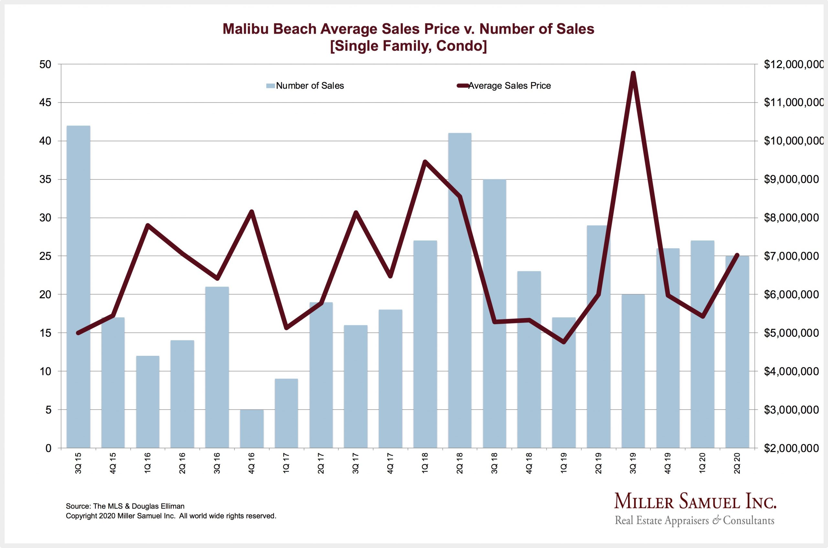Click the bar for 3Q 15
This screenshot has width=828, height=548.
click(x=78, y=287)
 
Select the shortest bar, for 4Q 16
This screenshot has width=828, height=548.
click(x=252, y=429)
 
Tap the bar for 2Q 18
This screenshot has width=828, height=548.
click(x=459, y=290)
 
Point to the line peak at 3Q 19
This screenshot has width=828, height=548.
click(x=633, y=73)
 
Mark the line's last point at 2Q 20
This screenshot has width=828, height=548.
click(x=737, y=255)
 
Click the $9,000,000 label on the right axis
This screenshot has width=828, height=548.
click(x=791, y=180)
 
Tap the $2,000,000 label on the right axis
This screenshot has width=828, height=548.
click(x=791, y=448)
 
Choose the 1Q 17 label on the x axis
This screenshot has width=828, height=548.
click(x=287, y=463)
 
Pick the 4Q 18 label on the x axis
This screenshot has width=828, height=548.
click(x=529, y=463)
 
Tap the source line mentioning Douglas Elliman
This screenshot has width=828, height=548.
click(x=125, y=506)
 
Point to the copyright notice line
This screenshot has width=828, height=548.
click(x=171, y=516)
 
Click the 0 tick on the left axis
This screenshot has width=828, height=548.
click(x=48, y=448)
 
